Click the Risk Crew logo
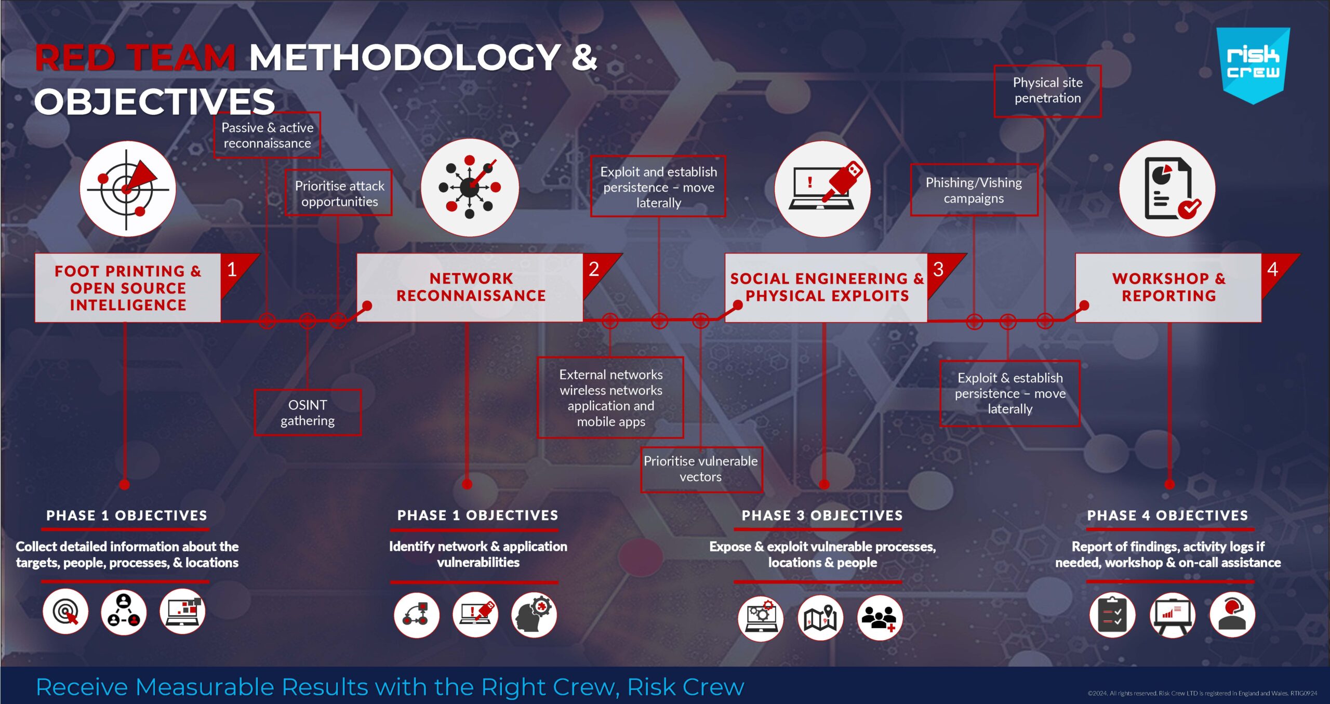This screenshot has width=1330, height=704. (1253, 65)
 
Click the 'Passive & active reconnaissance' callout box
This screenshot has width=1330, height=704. (267, 135)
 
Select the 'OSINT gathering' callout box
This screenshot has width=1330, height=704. (308, 413)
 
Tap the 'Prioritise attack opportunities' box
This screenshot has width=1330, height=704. (339, 193)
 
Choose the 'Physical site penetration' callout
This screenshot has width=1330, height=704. (1047, 91)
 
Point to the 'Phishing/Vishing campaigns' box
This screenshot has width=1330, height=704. (974, 190)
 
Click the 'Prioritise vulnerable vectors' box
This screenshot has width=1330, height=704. (701, 469)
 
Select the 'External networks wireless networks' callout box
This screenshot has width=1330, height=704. (610, 397)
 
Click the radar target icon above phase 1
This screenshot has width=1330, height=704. (128, 189)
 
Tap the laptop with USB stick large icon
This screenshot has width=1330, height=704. (822, 189)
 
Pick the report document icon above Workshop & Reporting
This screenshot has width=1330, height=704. (1167, 189)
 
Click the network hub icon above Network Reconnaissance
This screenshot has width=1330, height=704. (470, 188)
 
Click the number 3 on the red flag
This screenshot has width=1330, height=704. (938, 269)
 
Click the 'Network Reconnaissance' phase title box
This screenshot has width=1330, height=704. (470, 287)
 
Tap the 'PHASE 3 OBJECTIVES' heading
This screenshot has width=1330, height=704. (822, 515)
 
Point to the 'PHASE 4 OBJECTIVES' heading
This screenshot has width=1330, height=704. (1168, 515)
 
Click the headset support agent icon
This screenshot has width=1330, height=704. (1232, 615)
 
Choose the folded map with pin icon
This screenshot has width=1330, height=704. (820, 618)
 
